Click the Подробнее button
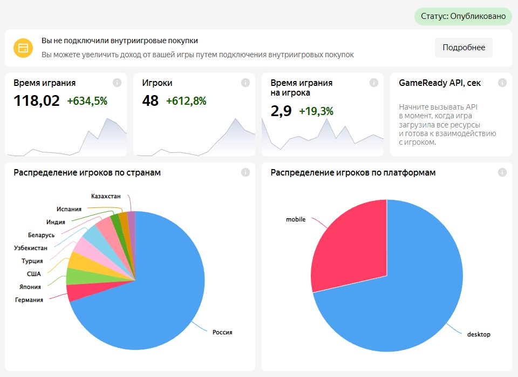point(464,48)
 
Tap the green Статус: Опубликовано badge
point(463,16)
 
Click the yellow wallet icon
point(23,48)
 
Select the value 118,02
point(37,100)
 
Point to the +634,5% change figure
point(87,100)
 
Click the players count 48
point(151,100)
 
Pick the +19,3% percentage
point(316,111)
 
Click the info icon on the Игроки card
point(246,83)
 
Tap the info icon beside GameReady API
point(502,83)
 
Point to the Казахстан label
point(106,196)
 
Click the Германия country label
point(29,300)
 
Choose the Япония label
point(30,287)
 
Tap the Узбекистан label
point(31,248)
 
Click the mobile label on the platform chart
point(296,219)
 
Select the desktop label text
point(479,334)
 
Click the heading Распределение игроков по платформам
point(353,173)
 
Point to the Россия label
point(222,332)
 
